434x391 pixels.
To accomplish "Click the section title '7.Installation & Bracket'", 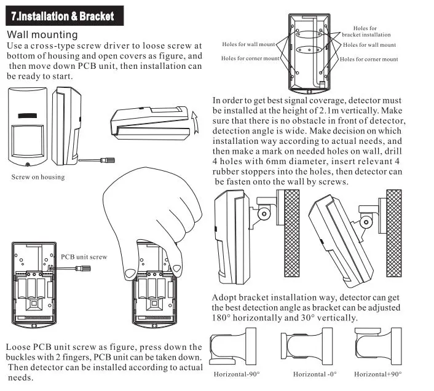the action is pos(63,16).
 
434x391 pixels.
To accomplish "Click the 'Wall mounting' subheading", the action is pos(42,34).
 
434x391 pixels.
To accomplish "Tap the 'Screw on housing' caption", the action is pos(38,177).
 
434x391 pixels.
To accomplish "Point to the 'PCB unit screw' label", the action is pos(84,257).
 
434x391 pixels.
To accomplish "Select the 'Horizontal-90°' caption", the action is pos(237,374).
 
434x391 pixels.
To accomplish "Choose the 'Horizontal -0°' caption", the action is pos(315,374).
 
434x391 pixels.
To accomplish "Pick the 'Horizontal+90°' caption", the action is pos(378,374).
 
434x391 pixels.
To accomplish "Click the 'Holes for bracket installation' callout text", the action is pos(366,31).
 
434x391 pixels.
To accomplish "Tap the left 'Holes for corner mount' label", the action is pos(250,58).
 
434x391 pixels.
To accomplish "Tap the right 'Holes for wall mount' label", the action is pos(369,45).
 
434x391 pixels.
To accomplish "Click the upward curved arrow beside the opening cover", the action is pos(195,122).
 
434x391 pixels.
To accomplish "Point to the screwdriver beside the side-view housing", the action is pos(97,160).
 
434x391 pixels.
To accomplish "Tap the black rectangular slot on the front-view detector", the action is pos(28,116).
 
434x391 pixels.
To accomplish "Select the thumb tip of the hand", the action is pos(130,274).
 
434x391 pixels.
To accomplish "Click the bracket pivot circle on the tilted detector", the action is pos(366,222).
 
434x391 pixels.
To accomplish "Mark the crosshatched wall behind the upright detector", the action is pos(292,233).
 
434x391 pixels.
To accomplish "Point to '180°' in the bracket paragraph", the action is pos(221,318).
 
